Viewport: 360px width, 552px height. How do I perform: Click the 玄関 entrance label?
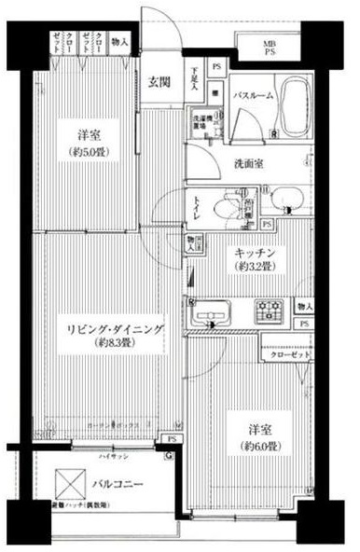point(159,82)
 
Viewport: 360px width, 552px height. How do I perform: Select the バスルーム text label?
point(253,95)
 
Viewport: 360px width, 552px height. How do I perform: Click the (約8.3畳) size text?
point(107,342)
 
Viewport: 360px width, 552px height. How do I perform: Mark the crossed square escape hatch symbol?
point(68,484)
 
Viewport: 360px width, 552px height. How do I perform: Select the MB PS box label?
point(269,48)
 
